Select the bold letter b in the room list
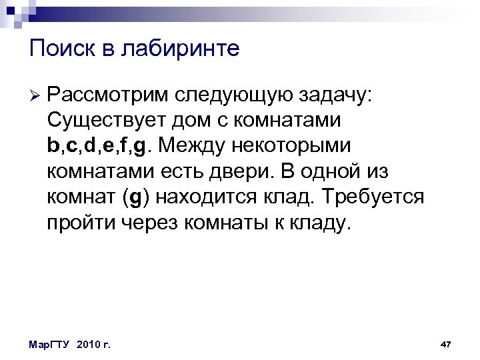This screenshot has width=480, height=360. pyautogui.click(x=53, y=146)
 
